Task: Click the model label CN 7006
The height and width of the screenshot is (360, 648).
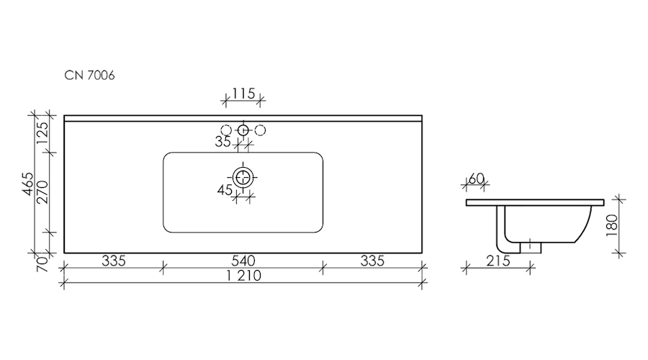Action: (89, 75)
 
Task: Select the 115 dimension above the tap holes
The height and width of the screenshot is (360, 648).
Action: (243, 94)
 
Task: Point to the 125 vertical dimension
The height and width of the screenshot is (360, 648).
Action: (42, 132)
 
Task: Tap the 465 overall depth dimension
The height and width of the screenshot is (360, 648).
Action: (27, 184)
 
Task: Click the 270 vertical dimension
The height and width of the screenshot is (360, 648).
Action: (42, 192)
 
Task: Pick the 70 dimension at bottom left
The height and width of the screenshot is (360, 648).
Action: (42, 264)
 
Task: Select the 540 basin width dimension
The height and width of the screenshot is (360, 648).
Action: (243, 261)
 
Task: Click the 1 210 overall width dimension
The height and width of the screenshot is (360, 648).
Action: (244, 276)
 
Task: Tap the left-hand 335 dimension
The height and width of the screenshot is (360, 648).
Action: (114, 261)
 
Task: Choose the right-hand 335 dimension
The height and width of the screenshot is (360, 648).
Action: (372, 261)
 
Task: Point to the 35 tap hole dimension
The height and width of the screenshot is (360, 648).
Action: (222, 142)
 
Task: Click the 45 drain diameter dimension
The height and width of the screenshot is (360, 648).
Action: (225, 190)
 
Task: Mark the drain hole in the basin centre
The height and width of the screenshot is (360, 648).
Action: (243, 178)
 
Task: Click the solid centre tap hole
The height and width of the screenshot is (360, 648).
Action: (243, 130)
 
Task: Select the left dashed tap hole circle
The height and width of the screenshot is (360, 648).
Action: (226, 130)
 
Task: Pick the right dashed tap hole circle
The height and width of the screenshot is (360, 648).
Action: (260, 130)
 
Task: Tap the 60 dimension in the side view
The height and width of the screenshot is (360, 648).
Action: (477, 179)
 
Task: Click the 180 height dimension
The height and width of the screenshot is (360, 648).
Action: (612, 225)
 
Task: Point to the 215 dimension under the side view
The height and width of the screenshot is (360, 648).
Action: (498, 261)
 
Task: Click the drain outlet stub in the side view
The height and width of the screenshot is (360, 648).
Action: (531, 248)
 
